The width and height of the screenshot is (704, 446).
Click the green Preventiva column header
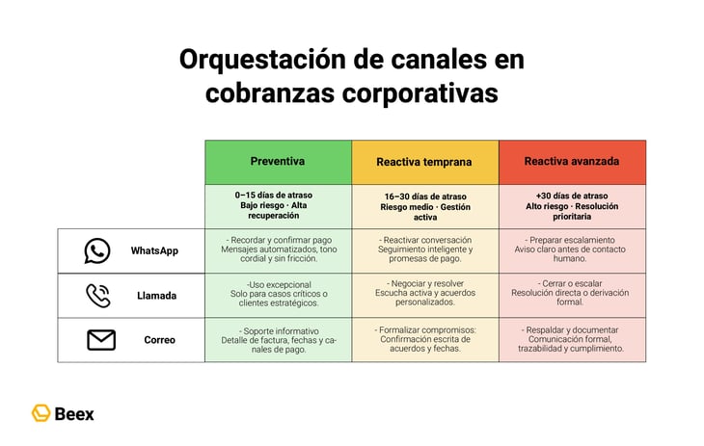coord(278,162)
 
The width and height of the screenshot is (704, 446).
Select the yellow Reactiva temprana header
coord(424,162)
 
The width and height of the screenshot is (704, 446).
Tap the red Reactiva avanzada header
coord(572,162)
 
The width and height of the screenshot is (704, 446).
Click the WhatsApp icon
coord(97,250)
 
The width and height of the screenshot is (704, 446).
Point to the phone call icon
coord(98,296)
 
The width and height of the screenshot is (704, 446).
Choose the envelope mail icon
coord(100,340)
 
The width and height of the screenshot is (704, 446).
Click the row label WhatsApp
coord(154,250)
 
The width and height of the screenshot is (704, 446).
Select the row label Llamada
coord(156,296)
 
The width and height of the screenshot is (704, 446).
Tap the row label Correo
coord(159,340)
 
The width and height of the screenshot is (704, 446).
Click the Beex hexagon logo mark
coord(41,413)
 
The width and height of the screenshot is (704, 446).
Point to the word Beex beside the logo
coord(75,414)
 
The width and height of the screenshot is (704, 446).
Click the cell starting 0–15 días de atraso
coord(278,205)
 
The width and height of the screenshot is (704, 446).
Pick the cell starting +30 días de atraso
coord(572,206)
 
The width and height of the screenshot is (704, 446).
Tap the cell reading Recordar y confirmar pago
coord(278,250)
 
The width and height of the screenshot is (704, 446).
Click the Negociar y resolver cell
coord(424,296)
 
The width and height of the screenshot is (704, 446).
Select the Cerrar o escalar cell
coord(572,296)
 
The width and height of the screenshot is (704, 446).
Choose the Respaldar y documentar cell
coord(572,340)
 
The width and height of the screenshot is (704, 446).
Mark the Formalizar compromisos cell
coord(424,340)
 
